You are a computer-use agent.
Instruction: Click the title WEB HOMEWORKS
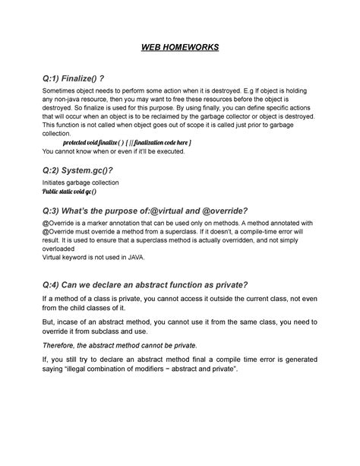click(x=180, y=48)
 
